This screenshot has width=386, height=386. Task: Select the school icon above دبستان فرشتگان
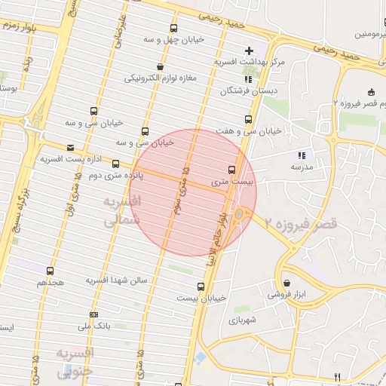pos(248,78)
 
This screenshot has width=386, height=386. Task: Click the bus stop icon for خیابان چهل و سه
pos(175,28)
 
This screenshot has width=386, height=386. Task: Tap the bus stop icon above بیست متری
pos(231,170)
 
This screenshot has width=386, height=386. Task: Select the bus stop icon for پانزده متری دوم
pos(115,164)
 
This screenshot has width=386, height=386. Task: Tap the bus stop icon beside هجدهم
pos(51,271)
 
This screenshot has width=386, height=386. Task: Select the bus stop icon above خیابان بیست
pos(201,286)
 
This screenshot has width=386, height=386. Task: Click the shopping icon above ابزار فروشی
pos(287,283)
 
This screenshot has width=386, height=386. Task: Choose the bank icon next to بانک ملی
pos(93,314)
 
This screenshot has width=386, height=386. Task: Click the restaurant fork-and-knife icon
pos(338,376)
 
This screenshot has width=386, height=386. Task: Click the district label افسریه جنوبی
pos(74,362)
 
